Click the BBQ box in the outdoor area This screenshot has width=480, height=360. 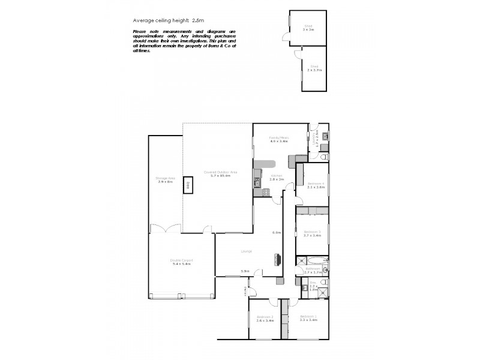pos(187,186)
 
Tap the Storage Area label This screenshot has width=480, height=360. pos(165,179)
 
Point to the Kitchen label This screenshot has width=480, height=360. pos(276,177)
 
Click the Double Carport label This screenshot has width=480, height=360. pos(182,262)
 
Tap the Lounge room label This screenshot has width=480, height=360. pos(247,251)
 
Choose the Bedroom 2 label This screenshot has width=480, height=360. pos(265,319)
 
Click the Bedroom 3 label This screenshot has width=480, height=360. pos(312,233)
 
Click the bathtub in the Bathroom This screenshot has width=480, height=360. pos(316,260)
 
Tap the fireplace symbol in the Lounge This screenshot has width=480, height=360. pos(278,259)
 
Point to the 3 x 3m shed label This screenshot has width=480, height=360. pos(309,28)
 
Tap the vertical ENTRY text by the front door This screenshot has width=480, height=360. pos(245,292)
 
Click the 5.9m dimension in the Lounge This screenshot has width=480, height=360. pos(245,271)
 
